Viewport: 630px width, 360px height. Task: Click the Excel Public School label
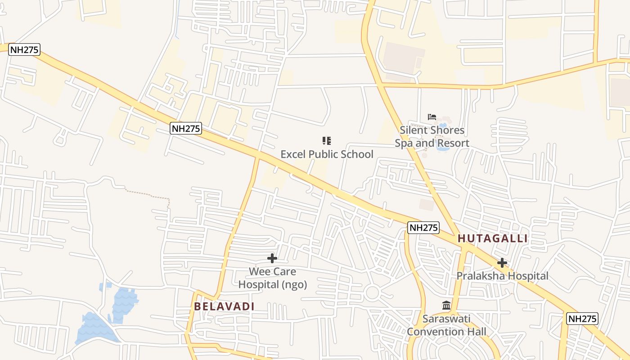(327, 154)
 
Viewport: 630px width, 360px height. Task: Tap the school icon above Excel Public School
(327, 141)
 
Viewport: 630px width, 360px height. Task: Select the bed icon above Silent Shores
(432, 117)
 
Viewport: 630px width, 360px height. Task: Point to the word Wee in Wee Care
(259, 272)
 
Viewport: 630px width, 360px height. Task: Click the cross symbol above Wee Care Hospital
(272, 258)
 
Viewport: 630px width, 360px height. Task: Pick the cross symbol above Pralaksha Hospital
(502, 263)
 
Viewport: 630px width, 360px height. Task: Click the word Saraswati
(446, 319)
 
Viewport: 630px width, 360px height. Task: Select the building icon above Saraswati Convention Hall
(446, 306)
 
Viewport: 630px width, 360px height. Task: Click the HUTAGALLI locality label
(492, 238)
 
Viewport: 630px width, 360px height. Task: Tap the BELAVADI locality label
(224, 306)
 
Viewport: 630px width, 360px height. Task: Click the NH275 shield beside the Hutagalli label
(423, 228)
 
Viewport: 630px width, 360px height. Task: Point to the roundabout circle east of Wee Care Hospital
(372, 293)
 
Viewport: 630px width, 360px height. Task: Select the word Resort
(453, 144)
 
